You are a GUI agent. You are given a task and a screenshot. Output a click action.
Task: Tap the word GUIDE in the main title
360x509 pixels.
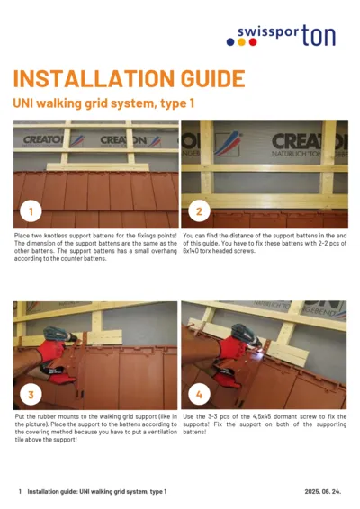[202, 79]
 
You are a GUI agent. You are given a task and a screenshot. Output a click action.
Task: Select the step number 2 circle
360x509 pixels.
[198, 212]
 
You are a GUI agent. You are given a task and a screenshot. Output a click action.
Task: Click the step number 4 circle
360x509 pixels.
[198, 395]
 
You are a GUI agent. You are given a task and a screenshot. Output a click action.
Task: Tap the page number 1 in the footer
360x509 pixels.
[20, 492]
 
